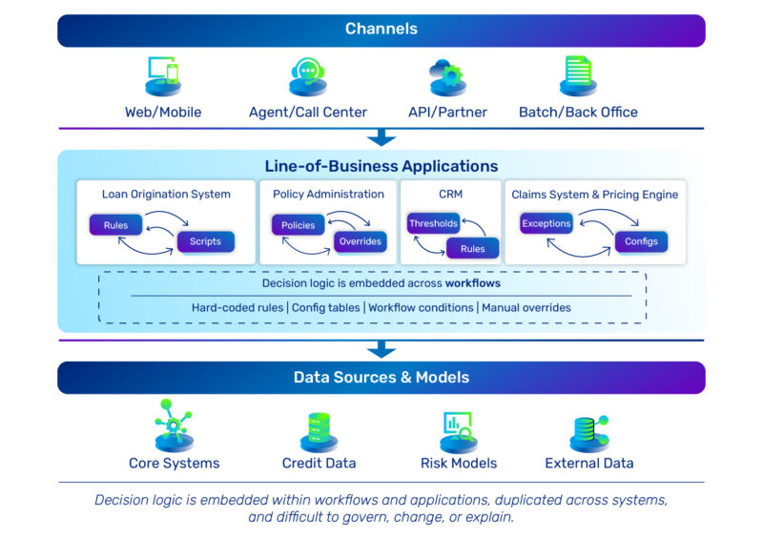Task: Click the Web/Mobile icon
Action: (x=163, y=76)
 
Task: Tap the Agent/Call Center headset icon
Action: (x=307, y=76)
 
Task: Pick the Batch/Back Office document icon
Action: (x=578, y=76)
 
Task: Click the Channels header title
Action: (x=381, y=30)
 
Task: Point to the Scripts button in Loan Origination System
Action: (x=205, y=241)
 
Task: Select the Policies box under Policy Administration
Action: (x=299, y=225)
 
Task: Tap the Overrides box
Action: (x=360, y=241)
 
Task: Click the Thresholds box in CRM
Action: (x=434, y=223)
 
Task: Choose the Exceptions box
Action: (x=546, y=223)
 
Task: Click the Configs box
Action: (x=641, y=241)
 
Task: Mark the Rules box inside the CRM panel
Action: (x=473, y=249)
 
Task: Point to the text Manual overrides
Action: (x=526, y=307)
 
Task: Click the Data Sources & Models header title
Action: (x=381, y=377)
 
